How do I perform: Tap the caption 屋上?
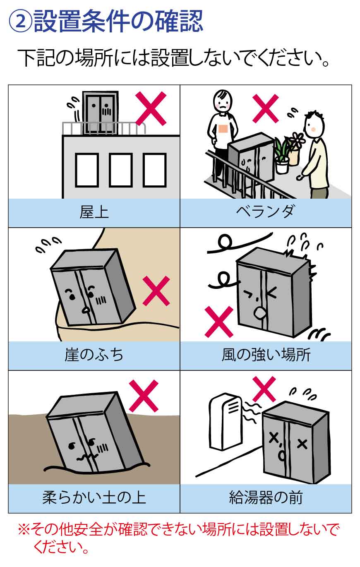coord(94,212)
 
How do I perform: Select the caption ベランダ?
coord(265,212)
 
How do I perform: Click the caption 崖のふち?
coord(94,355)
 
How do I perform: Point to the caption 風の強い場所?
coord(266,355)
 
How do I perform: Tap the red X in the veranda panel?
coord(266,108)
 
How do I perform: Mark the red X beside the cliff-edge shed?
coord(156,291)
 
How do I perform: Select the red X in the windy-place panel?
coord(219,322)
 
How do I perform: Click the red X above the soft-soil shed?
coord(144,396)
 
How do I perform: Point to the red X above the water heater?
coord(264,389)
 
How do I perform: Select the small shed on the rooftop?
coord(100,113)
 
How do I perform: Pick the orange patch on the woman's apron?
coord(223,129)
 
